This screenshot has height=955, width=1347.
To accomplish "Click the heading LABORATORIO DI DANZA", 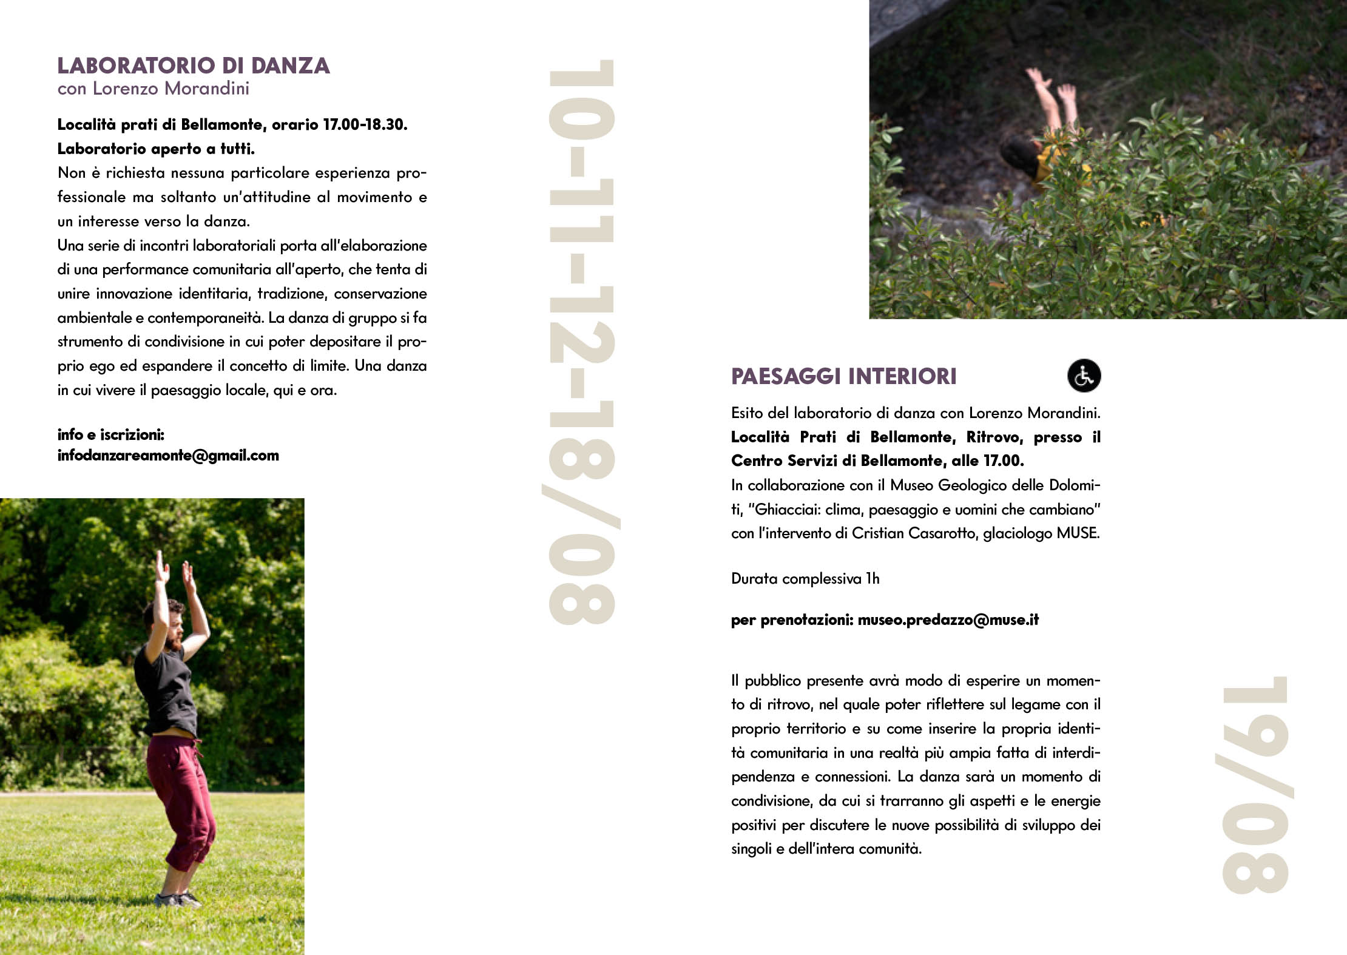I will pyautogui.click(x=194, y=66).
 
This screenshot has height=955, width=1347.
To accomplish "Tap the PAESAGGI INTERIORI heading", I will pyautogui.click(x=843, y=377).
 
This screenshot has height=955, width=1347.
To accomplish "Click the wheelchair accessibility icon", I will pyautogui.click(x=1084, y=376).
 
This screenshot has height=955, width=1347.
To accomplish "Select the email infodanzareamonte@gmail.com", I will pyautogui.click(x=168, y=456).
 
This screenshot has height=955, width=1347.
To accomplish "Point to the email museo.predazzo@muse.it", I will pyautogui.click(x=948, y=620).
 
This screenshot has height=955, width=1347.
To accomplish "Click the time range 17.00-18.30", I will pyautogui.click(x=364, y=125).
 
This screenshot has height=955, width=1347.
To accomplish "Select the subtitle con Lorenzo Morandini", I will pyautogui.click(x=154, y=89).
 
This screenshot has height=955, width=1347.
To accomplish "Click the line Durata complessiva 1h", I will pyautogui.click(x=805, y=579).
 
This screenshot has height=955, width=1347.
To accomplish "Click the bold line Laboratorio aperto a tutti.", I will pyautogui.click(x=156, y=149).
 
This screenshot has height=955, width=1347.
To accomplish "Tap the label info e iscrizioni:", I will pyautogui.click(x=111, y=435).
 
